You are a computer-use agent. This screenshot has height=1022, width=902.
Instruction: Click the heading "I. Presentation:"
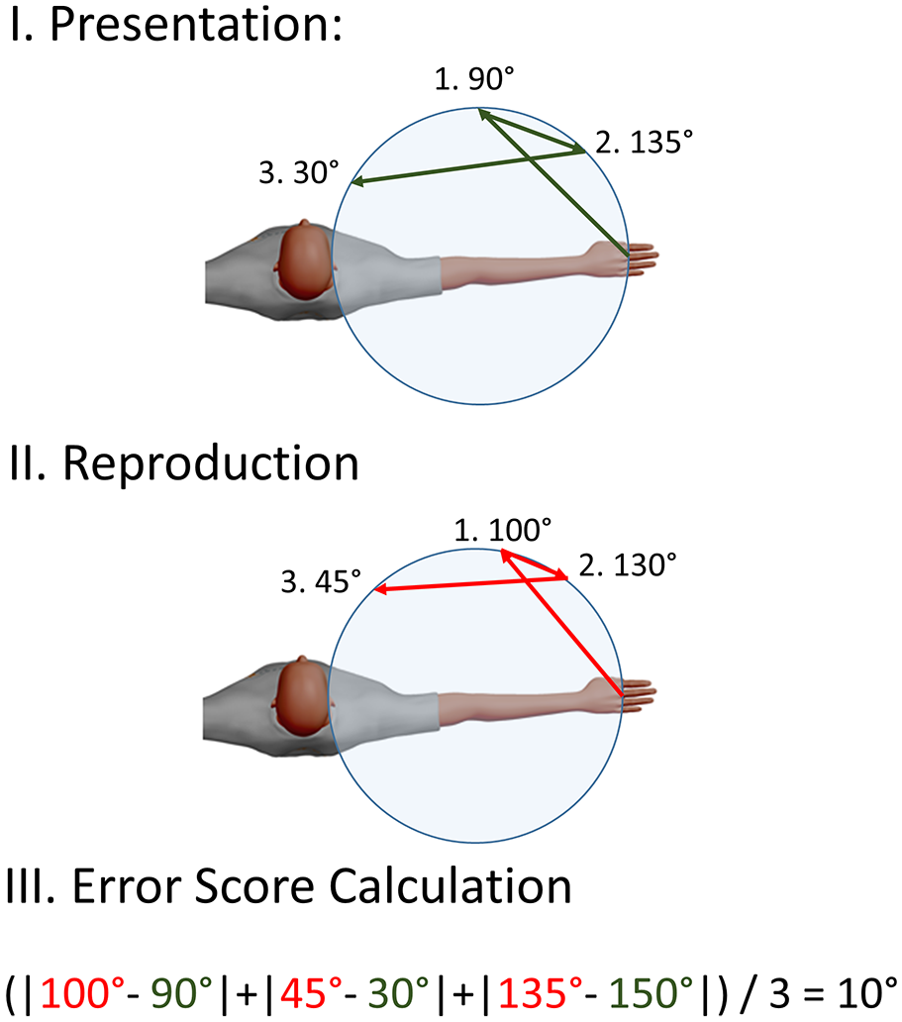point(176,24)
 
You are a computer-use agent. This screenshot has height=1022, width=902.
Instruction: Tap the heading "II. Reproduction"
point(184,464)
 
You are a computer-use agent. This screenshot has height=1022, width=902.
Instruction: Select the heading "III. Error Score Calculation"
point(289,886)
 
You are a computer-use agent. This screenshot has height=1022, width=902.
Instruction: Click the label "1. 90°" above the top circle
point(474,79)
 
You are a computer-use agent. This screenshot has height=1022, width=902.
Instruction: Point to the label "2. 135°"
point(644,142)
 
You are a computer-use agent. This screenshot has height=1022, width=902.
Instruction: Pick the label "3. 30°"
point(299,172)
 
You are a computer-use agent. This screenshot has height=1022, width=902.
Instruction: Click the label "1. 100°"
point(503,530)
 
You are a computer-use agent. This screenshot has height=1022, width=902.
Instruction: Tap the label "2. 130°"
point(628,565)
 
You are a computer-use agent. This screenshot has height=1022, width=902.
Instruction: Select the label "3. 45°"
point(321,581)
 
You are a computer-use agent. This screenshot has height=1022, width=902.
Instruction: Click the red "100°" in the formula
point(82,993)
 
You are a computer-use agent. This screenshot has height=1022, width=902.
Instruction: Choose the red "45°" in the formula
point(311,993)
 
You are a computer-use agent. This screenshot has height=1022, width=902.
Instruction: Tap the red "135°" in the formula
point(541,993)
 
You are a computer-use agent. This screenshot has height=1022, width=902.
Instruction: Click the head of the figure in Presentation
point(304,258)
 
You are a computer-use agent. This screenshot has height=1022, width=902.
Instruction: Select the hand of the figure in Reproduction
point(623,695)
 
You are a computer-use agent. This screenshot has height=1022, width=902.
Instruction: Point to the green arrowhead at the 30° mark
point(357,182)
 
